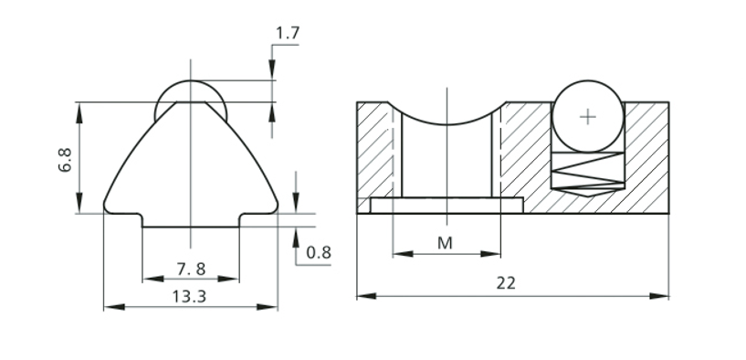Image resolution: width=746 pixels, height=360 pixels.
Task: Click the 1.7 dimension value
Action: tap(288, 33)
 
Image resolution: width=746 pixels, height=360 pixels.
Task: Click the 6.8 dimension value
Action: tap(65, 160)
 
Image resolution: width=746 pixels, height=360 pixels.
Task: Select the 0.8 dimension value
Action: tap(319, 252)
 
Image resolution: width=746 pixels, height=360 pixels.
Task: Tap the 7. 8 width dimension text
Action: tap(191, 269)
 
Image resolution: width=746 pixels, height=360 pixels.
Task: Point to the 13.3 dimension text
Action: tap(189, 297)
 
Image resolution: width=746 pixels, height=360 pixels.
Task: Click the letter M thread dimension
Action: tap(445, 243)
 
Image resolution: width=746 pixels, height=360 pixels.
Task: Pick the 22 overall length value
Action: tap(506, 283)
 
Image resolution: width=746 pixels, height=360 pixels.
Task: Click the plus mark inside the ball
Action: tap(588, 117)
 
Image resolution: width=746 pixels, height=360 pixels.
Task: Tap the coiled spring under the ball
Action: tap(587, 171)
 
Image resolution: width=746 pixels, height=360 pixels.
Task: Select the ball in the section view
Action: tap(588, 117)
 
